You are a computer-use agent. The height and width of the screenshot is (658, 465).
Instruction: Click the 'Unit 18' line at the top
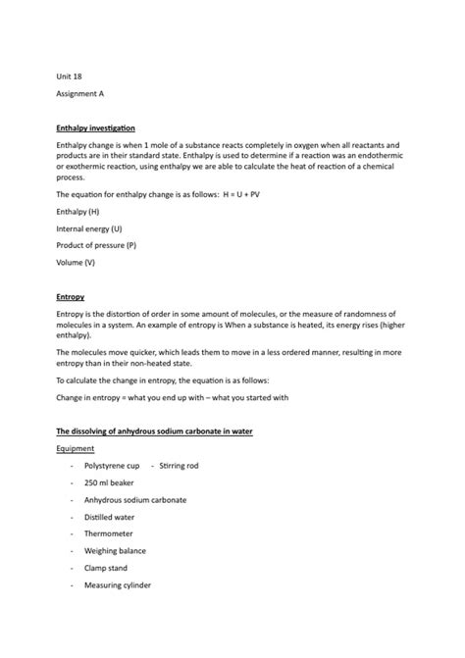click(x=70, y=75)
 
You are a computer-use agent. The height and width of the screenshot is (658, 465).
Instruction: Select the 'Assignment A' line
click(x=80, y=94)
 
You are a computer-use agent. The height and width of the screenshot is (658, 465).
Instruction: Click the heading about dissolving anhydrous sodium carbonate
click(x=155, y=430)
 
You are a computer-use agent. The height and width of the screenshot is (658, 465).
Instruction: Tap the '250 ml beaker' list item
click(x=110, y=482)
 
